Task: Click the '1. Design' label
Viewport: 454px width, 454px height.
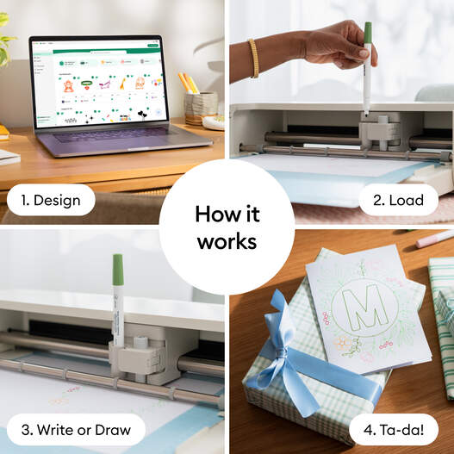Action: [x=51, y=201]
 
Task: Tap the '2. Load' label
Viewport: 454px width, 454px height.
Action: [x=398, y=201]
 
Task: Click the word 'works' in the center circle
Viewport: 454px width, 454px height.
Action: [x=227, y=242]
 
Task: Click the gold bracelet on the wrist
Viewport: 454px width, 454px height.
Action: [x=253, y=57]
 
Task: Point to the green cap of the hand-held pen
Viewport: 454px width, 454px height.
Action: [x=367, y=33]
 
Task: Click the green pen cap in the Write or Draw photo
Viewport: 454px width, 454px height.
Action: [x=118, y=270]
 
